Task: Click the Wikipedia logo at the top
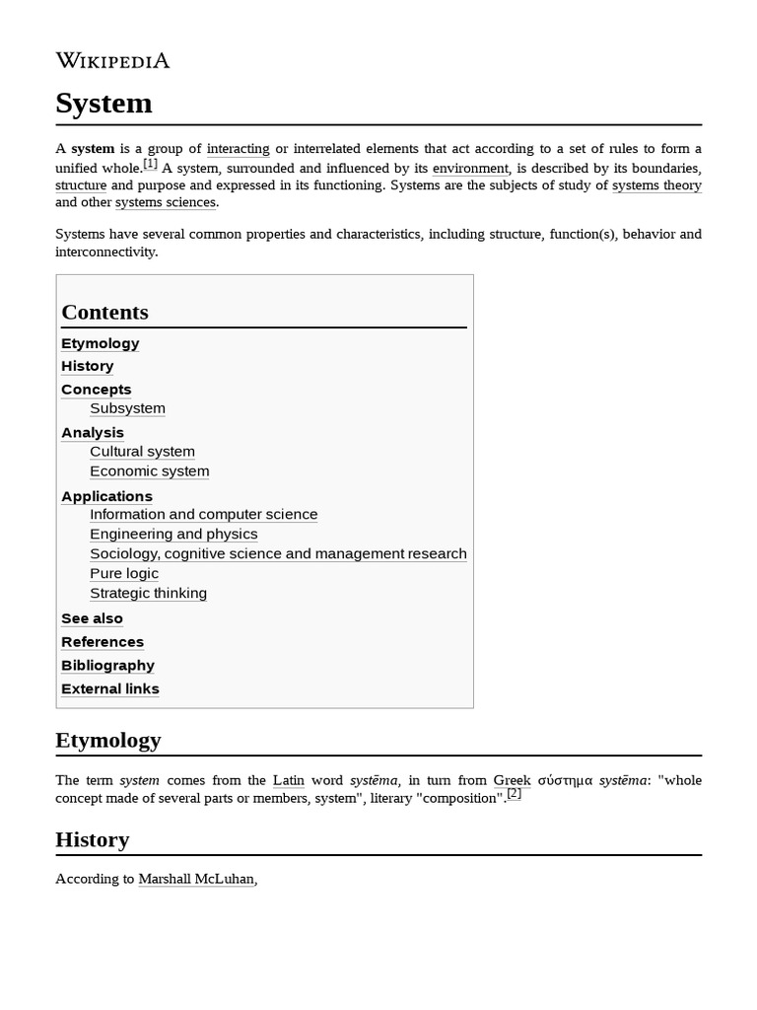coord(112,61)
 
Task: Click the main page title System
coord(103,104)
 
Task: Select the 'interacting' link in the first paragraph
coord(238,149)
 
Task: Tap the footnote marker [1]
coord(150,164)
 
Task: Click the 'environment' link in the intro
coord(470,169)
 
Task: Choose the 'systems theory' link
coord(656,185)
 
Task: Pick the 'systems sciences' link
coord(165,202)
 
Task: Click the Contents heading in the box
coord(104,313)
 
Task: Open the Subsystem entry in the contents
coord(127,408)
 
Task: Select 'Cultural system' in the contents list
coord(142,452)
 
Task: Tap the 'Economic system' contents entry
coord(149,471)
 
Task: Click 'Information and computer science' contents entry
coord(203,515)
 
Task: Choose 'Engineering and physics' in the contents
coord(173,535)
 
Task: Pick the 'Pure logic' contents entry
coord(123,574)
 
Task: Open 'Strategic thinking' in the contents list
coord(148,594)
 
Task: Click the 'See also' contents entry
coord(92,618)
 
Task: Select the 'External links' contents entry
coord(109,689)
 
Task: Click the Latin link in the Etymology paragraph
coord(288,780)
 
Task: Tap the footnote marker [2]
coord(514,793)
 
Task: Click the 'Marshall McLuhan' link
coord(196,879)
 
